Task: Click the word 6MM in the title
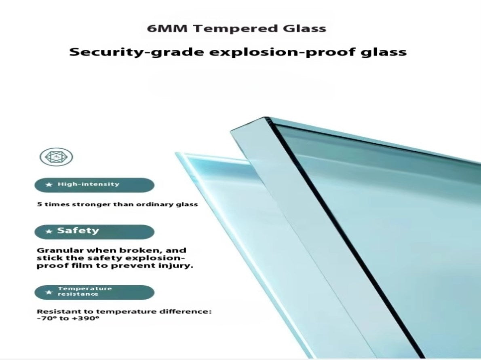[x=167, y=29]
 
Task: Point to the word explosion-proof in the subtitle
[x=282, y=52]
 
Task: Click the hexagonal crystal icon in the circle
[x=57, y=157]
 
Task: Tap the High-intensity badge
[x=94, y=185]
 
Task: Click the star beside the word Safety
[x=49, y=231]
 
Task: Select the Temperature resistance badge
[x=94, y=292]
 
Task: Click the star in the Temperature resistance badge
[x=49, y=292]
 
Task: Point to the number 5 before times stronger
[x=39, y=204]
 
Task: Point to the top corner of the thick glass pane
[x=265, y=117]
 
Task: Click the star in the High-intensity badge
[x=49, y=184]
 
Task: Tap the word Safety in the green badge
[x=78, y=231]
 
